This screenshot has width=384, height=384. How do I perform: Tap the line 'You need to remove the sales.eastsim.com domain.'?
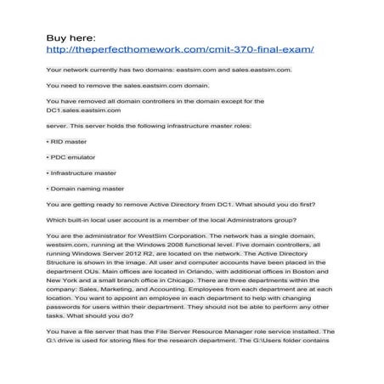(x=124, y=84)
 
